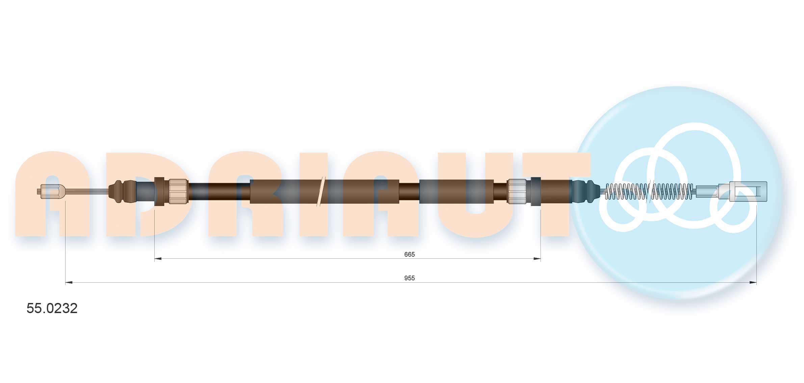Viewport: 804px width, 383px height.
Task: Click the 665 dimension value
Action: click(409, 254)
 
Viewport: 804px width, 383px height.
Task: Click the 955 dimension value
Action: click(409, 278)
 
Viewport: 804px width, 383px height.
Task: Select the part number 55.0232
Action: click(52, 308)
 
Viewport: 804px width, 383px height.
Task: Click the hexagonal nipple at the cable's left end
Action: click(50, 191)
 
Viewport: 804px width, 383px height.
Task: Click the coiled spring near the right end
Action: click(648, 191)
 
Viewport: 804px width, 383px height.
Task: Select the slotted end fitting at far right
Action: click(748, 191)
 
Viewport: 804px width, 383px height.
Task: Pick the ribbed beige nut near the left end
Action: click(178, 191)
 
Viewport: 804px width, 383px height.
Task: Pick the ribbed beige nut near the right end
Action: click(517, 191)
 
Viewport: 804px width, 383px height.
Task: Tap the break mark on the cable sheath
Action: click(321, 191)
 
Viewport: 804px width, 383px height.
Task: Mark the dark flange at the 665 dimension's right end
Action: click(536, 191)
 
